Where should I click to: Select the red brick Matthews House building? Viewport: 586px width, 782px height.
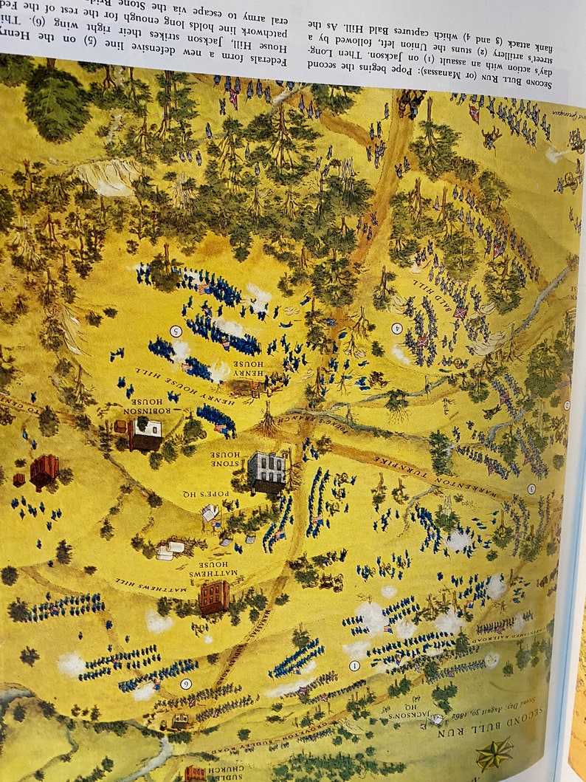(x=213, y=596)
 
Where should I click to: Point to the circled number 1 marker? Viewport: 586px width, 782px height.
(x=354, y=665)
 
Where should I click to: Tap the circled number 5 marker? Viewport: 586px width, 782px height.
(x=176, y=330)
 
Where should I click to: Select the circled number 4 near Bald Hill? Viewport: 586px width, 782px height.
(x=396, y=328)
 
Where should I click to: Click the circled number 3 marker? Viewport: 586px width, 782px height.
(x=531, y=489)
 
